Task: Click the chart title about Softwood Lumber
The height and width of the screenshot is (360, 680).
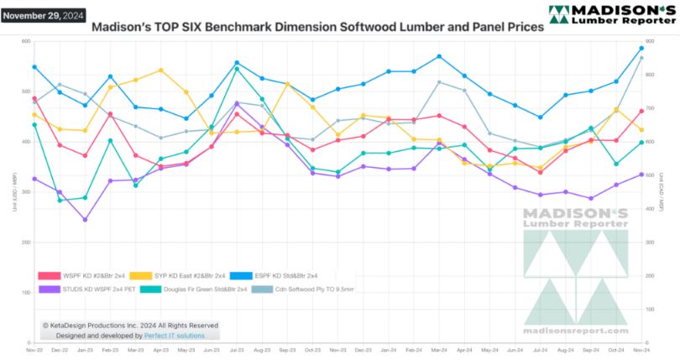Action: click(316, 27)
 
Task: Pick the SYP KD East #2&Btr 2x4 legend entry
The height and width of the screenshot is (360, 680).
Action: click(189, 275)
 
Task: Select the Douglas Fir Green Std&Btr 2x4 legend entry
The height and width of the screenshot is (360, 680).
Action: click(196, 290)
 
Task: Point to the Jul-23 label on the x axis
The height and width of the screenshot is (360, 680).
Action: click(237, 351)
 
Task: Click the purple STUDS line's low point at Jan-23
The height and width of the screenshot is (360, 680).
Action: click(85, 220)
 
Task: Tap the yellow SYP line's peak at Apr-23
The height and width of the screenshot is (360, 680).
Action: click(160, 70)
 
